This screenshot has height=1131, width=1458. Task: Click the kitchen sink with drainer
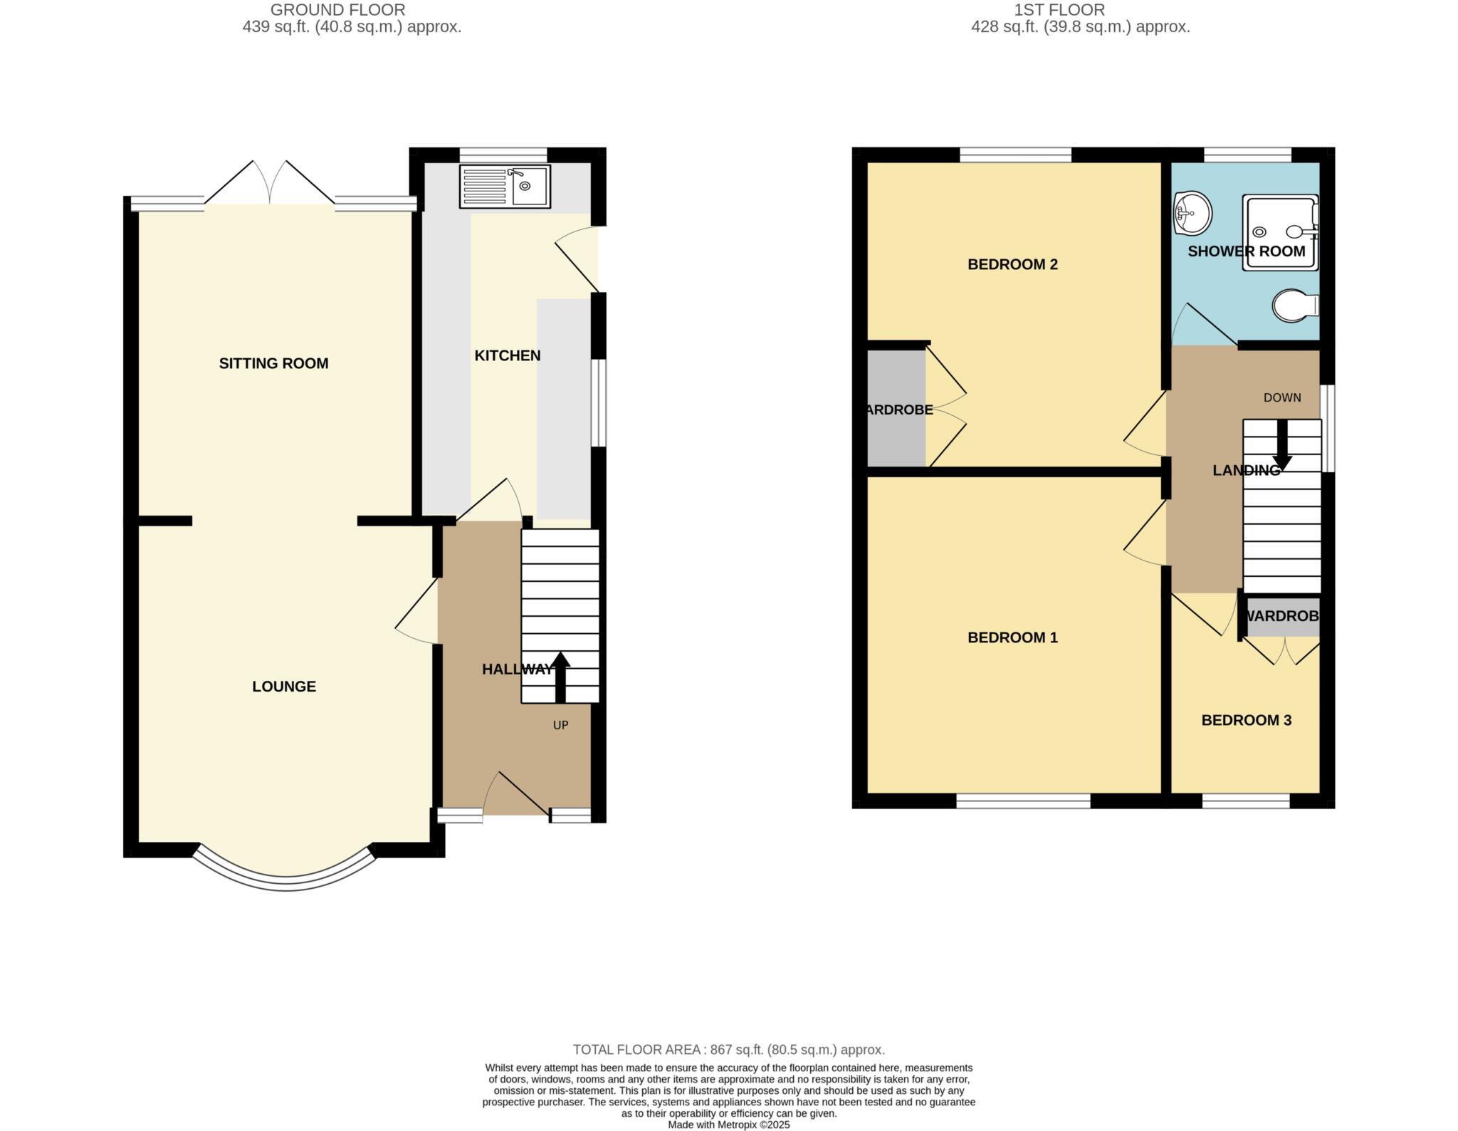[x=505, y=187]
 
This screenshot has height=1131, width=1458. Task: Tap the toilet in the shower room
[x=1294, y=306]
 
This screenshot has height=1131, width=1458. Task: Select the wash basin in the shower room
[x=1192, y=213]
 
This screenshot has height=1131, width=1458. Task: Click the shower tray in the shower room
[x=1280, y=234]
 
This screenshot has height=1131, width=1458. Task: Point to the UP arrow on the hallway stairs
[x=560, y=676]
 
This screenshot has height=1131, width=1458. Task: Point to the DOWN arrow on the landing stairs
[x=1281, y=447]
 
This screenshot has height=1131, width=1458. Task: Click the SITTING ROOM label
[x=273, y=363]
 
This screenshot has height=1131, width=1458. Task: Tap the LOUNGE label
[x=283, y=686]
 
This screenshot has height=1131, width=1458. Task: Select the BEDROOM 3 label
[x=1246, y=720]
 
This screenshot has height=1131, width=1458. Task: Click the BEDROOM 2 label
[x=1012, y=264]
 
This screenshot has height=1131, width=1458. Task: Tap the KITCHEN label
[x=507, y=355]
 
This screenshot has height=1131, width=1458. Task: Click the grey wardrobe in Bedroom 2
[x=896, y=409]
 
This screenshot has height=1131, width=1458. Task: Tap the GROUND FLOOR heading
[x=337, y=10]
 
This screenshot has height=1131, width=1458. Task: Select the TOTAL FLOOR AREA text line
[x=728, y=1049]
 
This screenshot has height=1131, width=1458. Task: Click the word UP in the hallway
[x=560, y=725]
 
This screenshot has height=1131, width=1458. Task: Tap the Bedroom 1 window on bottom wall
[x=1022, y=801]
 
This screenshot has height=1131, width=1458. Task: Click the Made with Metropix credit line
[x=728, y=1125]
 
